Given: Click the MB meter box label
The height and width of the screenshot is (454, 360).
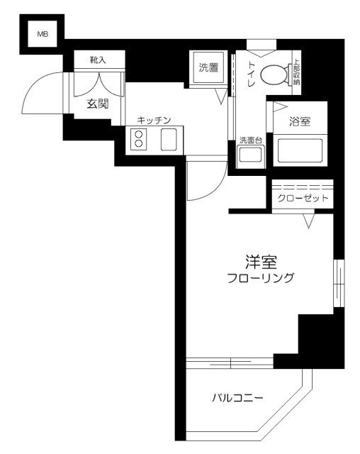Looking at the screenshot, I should (x=43, y=33).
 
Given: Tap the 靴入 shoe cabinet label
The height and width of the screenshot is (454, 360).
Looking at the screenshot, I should (x=98, y=60).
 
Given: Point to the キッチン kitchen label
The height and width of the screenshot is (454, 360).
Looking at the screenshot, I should (x=154, y=121).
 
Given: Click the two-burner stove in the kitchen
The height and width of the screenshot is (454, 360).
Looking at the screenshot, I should (x=138, y=139).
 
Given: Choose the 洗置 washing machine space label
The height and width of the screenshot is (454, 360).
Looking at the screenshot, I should (x=208, y=69).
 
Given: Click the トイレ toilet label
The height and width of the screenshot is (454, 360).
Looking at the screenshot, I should (x=250, y=69).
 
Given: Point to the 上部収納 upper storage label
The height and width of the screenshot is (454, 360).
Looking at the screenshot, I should (x=296, y=72).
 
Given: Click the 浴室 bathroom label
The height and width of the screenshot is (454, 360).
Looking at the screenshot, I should (x=300, y=122).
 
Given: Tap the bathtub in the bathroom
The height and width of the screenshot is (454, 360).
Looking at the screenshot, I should (x=299, y=150).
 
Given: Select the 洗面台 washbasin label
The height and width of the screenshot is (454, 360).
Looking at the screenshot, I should (x=249, y=140).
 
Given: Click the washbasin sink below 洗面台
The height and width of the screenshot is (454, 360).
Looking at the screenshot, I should (x=249, y=156).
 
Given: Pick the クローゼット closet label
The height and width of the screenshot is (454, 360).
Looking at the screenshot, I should (x=302, y=198).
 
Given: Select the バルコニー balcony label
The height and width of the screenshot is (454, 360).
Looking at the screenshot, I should (x=237, y=398).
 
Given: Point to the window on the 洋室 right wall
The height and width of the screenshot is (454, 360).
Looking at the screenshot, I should (x=338, y=284).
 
